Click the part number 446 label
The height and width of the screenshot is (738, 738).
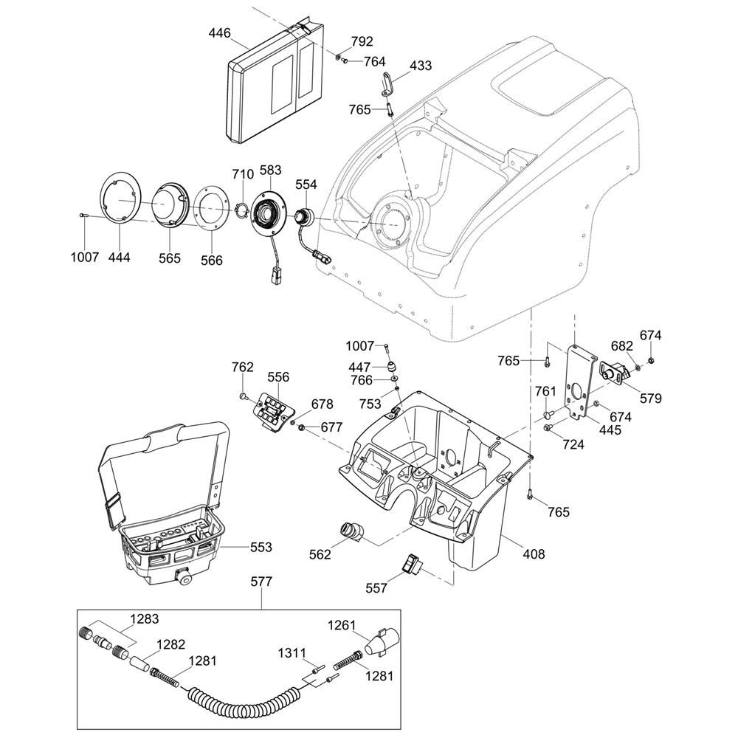tap(220, 33)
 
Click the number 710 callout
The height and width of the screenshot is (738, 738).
tap(243, 174)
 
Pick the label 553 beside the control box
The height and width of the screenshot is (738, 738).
tap(261, 547)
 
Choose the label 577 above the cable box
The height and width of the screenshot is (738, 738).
tap(261, 582)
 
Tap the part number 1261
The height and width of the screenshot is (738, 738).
tap(341, 625)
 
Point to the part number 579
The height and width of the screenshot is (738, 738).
tap(651, 399)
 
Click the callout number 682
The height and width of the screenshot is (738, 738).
tap(622, 346)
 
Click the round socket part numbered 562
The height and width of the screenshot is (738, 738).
tap(351, 530)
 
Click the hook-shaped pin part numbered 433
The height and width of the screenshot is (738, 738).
tap(388, 84)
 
